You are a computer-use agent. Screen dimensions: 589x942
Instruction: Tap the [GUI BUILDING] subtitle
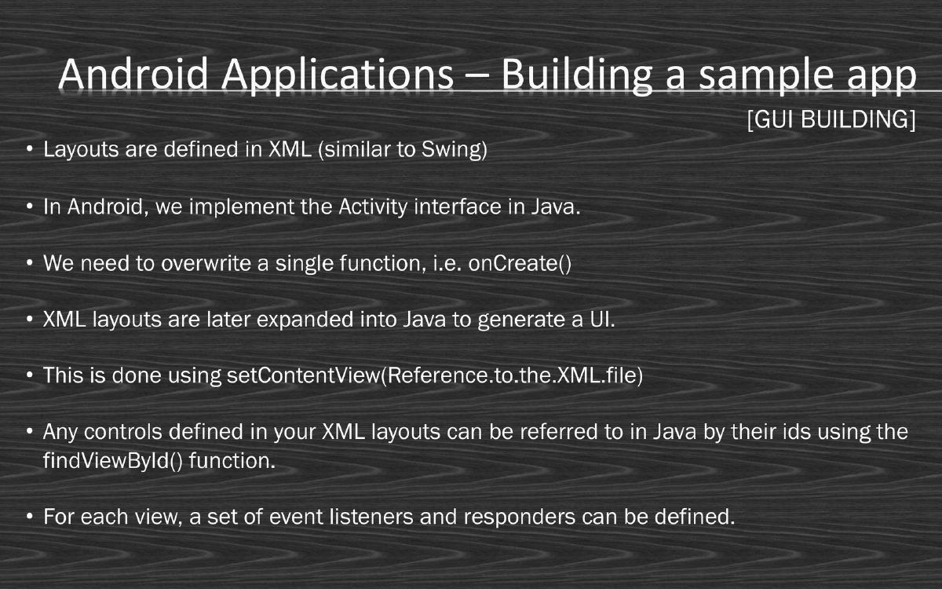click(831, 120)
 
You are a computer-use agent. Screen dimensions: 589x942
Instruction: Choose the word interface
click(458, 208)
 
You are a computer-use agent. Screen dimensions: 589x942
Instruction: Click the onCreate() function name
click(520, 263)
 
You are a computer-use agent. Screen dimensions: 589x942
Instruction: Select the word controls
click(137, 432)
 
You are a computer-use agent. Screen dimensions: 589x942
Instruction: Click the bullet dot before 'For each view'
click(29, 518)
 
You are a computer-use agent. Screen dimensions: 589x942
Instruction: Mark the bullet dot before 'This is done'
click(29, 376)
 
